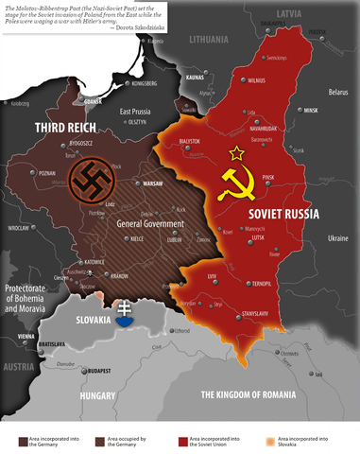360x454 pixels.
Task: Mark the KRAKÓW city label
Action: coord(119,275)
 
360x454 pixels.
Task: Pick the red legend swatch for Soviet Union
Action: coord(182,440)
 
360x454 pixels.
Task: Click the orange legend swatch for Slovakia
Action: coord(273,440)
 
